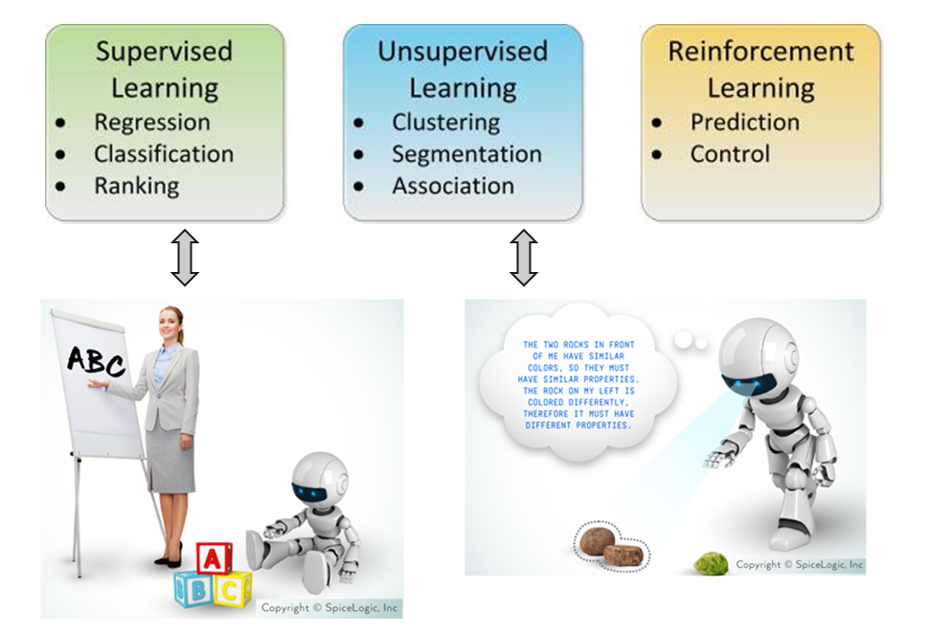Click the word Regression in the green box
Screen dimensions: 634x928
151,123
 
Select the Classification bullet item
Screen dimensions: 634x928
163,154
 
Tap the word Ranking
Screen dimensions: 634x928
136,186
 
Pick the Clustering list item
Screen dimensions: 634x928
445,123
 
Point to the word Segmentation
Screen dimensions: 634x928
466,154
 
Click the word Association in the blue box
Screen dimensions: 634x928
453,186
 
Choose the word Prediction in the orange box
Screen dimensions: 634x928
744,123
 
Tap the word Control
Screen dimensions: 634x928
730,154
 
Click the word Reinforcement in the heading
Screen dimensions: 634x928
760,52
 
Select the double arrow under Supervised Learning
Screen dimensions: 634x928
184,258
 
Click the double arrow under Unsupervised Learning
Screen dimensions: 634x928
523,258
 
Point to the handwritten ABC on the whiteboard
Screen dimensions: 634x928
96,362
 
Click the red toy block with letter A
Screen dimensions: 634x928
213,558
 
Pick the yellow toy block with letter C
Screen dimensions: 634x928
232,589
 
